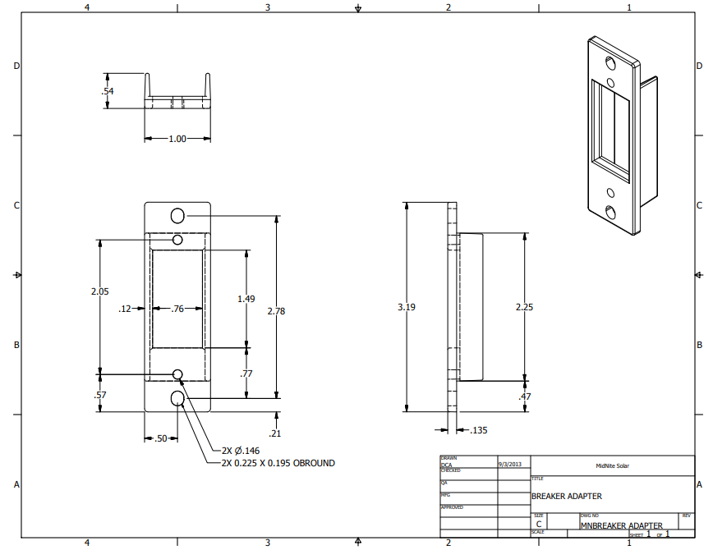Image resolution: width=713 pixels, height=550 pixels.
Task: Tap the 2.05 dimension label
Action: [x=100, y=291]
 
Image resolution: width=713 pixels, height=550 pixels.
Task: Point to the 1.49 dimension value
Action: [x=246, y=299]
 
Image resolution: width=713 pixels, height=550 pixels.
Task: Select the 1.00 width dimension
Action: [x=177, y=139]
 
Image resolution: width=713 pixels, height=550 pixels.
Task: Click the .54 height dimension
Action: [x=107, y=91]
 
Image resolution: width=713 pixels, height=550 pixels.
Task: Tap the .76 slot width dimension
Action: [x=177, y=309]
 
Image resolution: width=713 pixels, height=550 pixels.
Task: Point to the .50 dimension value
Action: [x=161, y=439]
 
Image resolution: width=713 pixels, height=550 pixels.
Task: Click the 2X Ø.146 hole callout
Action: [x=241, y=451]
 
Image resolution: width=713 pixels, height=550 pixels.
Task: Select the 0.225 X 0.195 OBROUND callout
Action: [x=278, y=463]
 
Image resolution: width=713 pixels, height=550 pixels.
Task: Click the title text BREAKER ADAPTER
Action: [x=567, y=496]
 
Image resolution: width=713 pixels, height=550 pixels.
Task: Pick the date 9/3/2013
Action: [x=510, y=464]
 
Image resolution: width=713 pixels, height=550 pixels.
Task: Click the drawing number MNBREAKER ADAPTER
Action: [x=621, y=525]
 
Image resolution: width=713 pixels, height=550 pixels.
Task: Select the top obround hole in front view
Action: [x=177, y=215]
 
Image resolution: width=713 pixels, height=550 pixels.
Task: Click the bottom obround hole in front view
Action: [x=177, y=398]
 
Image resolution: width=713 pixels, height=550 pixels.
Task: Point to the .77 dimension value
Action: [x=246, y=374]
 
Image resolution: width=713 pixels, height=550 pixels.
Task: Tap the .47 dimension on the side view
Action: [x=525, y=397]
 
